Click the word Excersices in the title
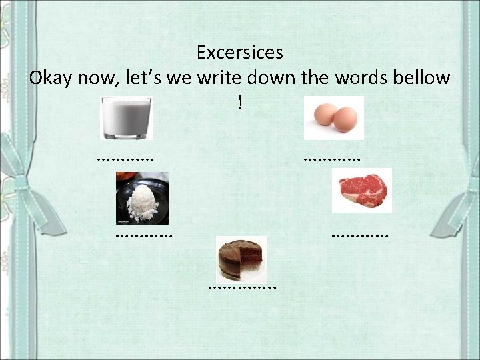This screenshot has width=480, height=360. coord(240,52)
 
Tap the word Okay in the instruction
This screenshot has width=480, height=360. coord(51,78)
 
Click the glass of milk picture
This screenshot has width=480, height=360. coord(126,118)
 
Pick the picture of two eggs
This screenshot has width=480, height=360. coord(333,118)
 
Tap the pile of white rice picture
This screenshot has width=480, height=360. coord(142,198)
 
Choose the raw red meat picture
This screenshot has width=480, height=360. coord(362,190)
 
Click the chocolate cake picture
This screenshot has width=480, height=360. coord(241,257)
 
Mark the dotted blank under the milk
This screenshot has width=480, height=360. coord(125,159)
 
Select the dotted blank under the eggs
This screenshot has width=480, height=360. coord(331,159)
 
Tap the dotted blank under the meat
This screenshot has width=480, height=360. coord(359,235)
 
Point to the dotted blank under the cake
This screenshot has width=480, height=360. coord(241,287)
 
